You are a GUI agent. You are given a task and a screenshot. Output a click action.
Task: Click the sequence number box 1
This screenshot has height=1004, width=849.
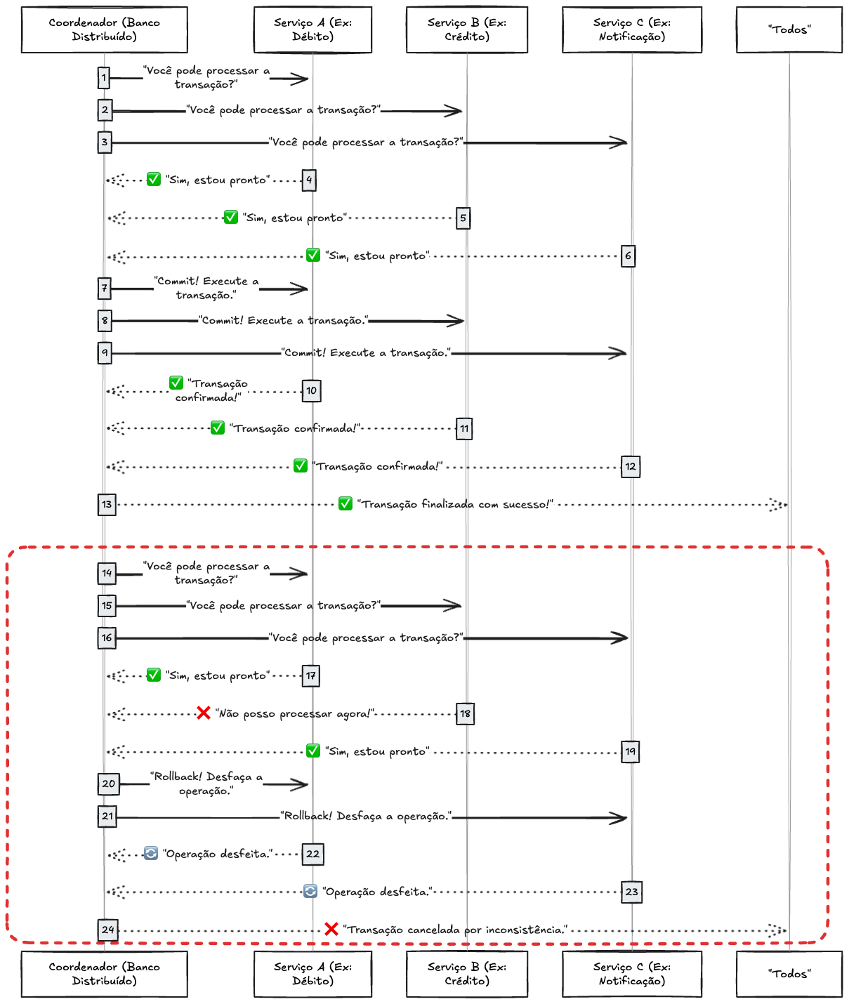point(104,77)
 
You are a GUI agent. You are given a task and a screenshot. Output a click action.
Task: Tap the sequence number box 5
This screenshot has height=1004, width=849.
point(463,218)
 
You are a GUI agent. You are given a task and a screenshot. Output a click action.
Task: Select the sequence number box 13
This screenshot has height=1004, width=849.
point(107,504)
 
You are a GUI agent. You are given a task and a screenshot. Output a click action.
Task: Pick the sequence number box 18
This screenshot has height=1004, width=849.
point(465,714)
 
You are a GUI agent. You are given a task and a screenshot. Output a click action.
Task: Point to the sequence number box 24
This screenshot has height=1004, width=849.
point(107,930)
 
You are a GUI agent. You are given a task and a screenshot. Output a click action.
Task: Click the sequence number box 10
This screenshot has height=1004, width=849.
point(311,391)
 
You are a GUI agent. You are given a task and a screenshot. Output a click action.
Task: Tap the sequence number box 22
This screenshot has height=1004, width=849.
point(312,854)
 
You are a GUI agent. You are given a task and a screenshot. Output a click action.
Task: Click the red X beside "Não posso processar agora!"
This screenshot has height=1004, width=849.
point(204,713)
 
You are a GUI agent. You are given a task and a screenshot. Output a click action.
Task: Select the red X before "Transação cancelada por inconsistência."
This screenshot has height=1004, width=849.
point(331,929)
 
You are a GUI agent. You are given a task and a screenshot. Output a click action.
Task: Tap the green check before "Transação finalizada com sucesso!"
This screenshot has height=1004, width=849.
point(345,503)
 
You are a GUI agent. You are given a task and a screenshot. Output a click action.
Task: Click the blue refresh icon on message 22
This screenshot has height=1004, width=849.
point(151,853)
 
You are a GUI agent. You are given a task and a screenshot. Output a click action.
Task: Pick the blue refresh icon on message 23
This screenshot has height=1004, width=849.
point(310,892)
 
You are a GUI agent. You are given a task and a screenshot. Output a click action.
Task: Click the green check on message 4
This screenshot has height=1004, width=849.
point(154,180)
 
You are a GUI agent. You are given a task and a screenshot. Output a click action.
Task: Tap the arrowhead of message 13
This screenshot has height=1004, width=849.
point(779,504)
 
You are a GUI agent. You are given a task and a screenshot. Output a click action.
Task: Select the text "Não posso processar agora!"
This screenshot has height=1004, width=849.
point(295,714)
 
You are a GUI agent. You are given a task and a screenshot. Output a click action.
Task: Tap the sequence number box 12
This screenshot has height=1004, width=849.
point(631,466)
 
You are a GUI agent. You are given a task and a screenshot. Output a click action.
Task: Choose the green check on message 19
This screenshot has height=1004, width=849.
point(313,751)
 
